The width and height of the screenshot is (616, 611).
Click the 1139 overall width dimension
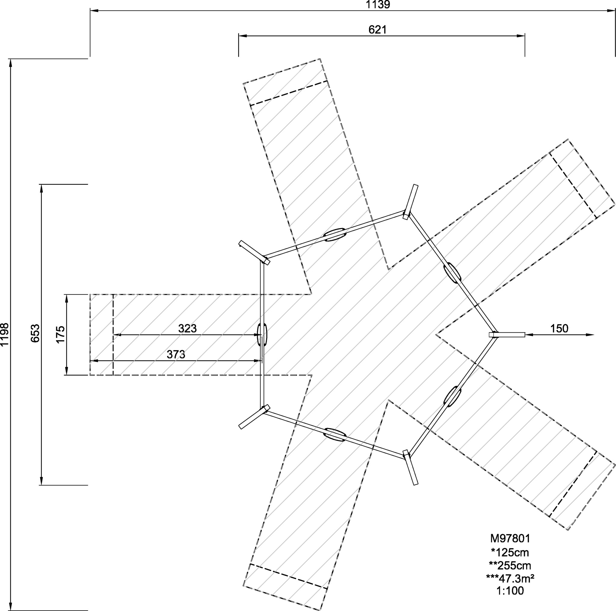pyautogui.click(x=378, y=5)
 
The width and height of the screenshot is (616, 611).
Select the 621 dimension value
pyautogui.click(x=377, y=30)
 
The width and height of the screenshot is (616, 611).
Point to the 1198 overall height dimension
pyautogui.click(x=5, y=335)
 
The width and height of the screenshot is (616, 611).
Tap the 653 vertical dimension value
pyautogui.click(x=35, y=333)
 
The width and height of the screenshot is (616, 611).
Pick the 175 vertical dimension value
pyautogui.click(x=60, y=335)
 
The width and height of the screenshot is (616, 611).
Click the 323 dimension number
pyautogui.click(x=187, y=328)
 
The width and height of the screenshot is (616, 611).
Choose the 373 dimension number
pyautogui.click(x=176, y=354)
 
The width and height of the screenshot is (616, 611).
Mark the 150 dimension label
pyautogui.click(x=559, y=328)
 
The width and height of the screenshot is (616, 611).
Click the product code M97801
pyautogui.click(x=510, y=538)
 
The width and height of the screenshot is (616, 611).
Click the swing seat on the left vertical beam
pyautogui.click(x=262, y=334)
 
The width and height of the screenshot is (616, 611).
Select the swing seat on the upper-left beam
pyautogui.click(x=335, y=234)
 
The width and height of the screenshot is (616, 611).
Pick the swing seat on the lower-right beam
pyautogui.click(x=452, y=396)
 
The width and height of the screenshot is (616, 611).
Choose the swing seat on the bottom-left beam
pyautogui.click(x=335, y=435)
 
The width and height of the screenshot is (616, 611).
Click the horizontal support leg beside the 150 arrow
pyautogui.click(x=507, y=335)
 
